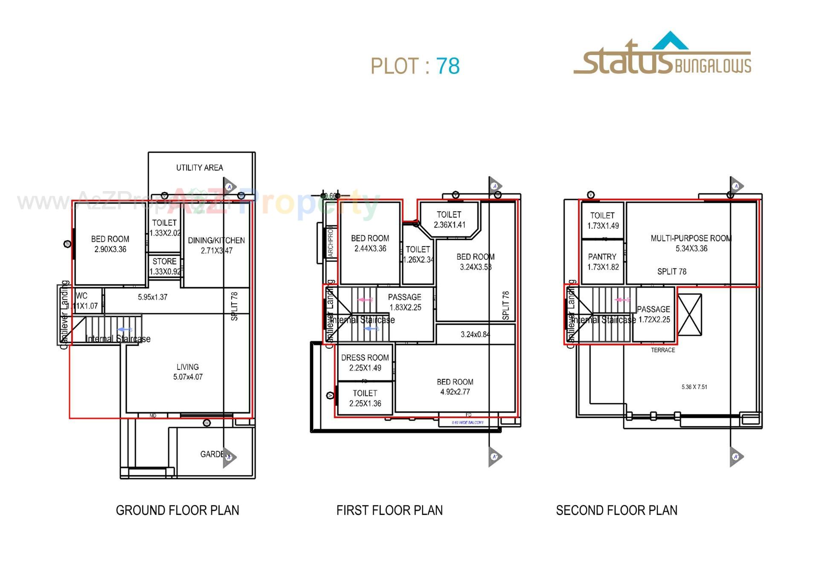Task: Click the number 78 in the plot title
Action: click(447, 66)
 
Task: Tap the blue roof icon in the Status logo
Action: click(670, 41)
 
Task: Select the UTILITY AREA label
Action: click(200, 168)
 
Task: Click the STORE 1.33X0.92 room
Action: click(165, 266)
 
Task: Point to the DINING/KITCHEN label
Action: click(216, 240)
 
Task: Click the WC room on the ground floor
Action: click(85, 301)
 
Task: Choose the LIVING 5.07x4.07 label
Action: click(188, 372)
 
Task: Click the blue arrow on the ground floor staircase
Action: click(124, 330)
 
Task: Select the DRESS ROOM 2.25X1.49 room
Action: click(365, 363)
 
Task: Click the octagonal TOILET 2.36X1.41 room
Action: click(449, 219)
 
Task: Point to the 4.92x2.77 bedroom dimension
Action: click(455, 392)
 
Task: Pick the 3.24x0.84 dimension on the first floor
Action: click(475, 335)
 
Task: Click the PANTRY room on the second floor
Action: click(602, 262)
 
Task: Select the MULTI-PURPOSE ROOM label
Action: click(691, 238)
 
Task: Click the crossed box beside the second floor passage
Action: click(689, 314)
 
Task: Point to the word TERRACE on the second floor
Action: click(663, 350)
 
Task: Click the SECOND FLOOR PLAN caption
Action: click(616, 510)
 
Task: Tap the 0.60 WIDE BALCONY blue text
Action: click(468, 422)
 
